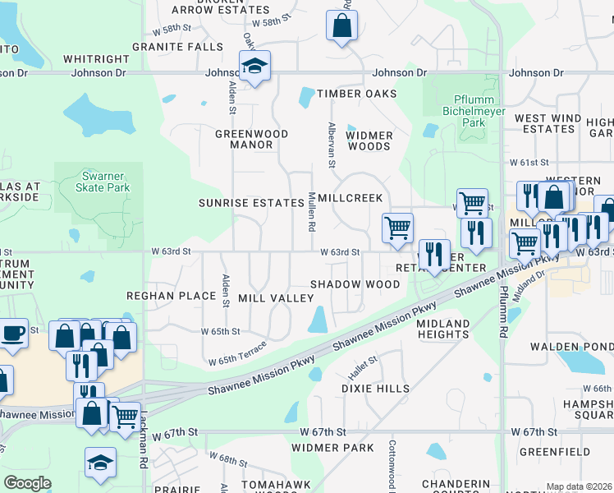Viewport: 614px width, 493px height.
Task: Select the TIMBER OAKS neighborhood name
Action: coord(347,94)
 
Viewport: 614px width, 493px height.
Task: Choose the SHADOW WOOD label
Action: coord(355,283)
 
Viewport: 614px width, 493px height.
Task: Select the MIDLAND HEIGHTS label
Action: coord(442,329)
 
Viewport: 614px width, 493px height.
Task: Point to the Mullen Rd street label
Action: coord(312,211)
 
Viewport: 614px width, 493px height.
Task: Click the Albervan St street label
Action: coord(332,146)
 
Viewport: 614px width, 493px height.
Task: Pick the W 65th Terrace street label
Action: coord(237,355)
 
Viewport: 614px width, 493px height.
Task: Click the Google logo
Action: coord(27,483)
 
